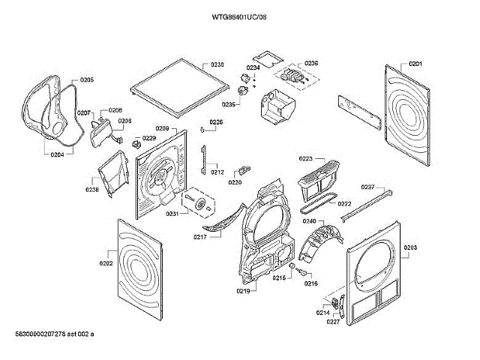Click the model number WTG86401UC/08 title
[x=240, y=17]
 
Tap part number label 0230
[x=217, y=64]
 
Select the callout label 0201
[x=416, y=64]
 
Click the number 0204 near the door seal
[x=57, y=154]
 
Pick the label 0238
[x=91, y=190]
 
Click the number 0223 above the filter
[x=305, y=159]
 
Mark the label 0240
[x=309, y=221]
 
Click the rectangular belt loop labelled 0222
[x=319, y=198]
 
